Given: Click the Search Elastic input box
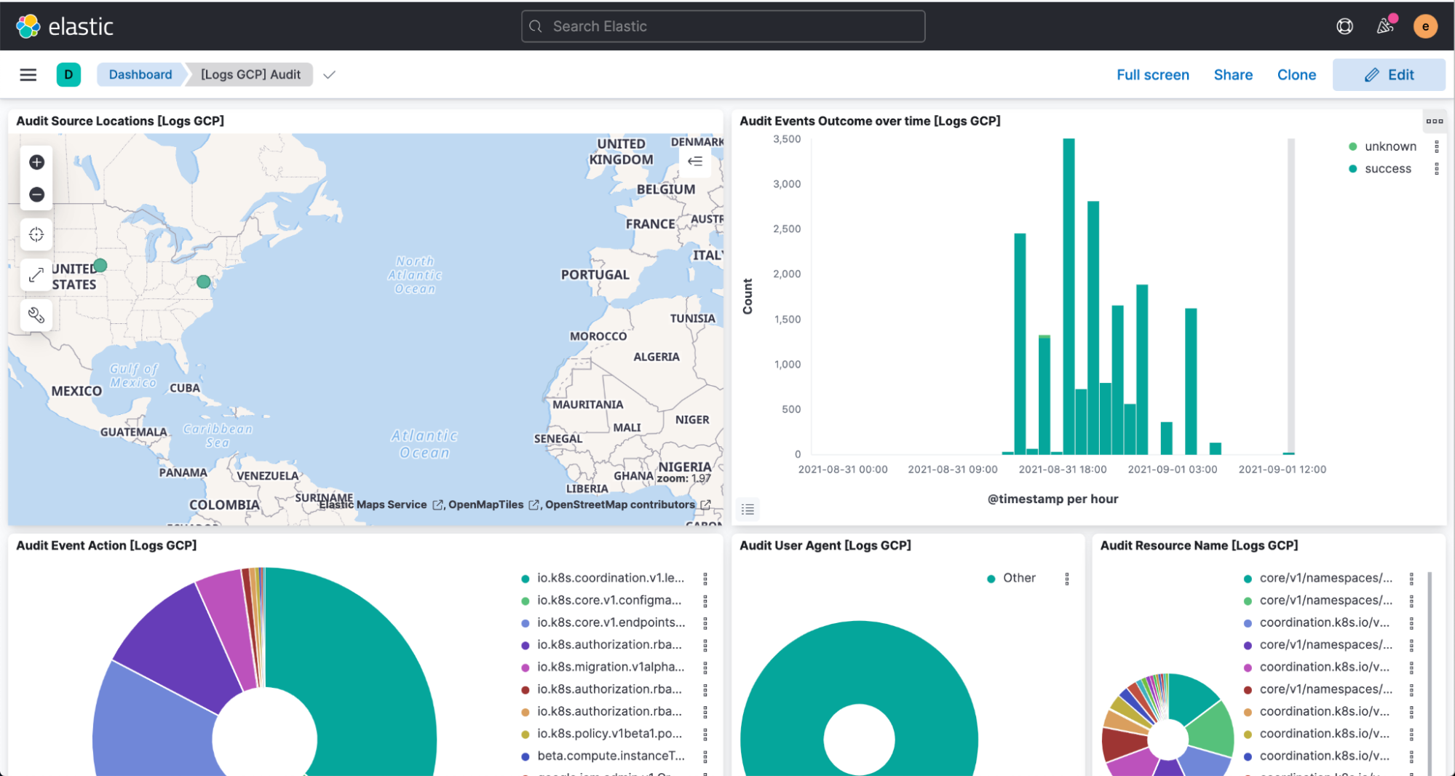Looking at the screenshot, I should pos(723,26).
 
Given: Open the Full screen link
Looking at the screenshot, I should pos(1152,75).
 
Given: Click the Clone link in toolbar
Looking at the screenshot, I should pos(1296,75).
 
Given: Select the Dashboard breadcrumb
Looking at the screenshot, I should pos(140,74).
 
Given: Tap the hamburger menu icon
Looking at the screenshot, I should pos(28,74).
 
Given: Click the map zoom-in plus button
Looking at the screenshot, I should pos(36,162).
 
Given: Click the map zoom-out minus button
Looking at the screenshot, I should pos(36,194).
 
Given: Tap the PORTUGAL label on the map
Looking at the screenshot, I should pos(595,274).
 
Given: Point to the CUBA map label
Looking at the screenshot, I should pos(184,388).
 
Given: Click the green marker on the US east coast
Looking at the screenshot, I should pos(204,282).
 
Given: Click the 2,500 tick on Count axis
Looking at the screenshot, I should pos(786,229).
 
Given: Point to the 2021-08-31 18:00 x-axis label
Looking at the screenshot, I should pos(1062,470).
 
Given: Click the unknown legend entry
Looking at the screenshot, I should pos(1389,146).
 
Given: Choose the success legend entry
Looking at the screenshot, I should pos(1387,169).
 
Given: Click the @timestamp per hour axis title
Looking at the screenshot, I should pos(1052,499).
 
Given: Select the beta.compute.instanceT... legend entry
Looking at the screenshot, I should pos(610,756).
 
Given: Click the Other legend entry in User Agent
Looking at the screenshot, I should pos(1018,578).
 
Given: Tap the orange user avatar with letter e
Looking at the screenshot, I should pos(1424,26).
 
